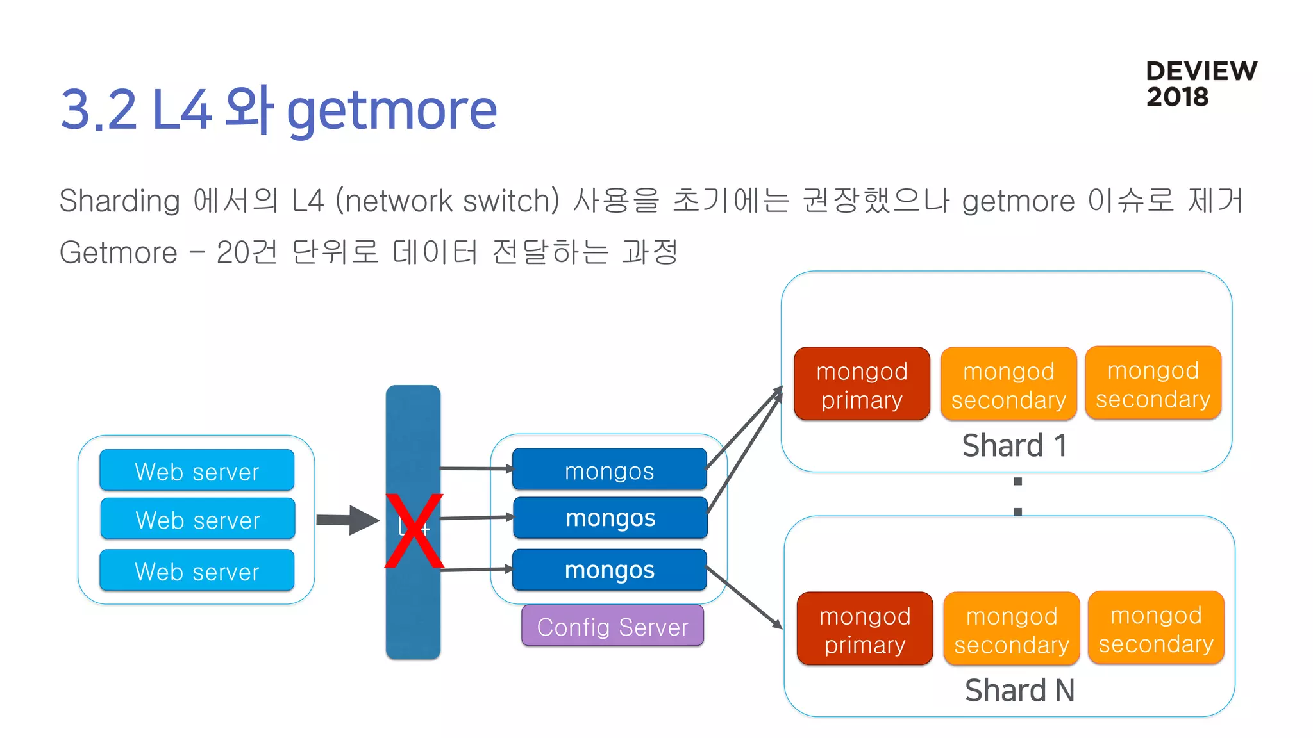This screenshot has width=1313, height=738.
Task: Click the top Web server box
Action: tap(197, 471)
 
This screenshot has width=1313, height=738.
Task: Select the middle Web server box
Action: tap(197, 519)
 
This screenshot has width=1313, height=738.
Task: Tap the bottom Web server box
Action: tap(197, 570)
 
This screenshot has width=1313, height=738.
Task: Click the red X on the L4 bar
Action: tap(414, 530)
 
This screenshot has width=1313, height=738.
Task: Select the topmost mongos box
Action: tap(609, 470)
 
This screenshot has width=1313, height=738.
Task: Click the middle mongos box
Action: tap(610, 518)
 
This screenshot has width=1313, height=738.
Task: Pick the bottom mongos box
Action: tap(609, 570)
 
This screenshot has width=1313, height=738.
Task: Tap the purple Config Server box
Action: tap(612, 626)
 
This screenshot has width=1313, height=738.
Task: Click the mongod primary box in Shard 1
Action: tap(862, 384)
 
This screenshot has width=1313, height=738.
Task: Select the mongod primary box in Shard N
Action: tap(864, 629)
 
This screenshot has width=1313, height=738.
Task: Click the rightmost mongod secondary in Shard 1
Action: tap(1153, 384)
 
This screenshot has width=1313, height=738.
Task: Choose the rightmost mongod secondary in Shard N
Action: tap(1156, 628)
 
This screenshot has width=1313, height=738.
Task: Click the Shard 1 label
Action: tap(1014, 445)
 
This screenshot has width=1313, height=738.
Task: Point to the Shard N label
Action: tap(1019, 690)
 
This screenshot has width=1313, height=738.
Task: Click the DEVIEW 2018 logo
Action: tap(1200, 84)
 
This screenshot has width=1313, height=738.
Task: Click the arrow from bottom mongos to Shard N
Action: tap(744, 597)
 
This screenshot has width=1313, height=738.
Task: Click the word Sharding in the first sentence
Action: tap(119, 201)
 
